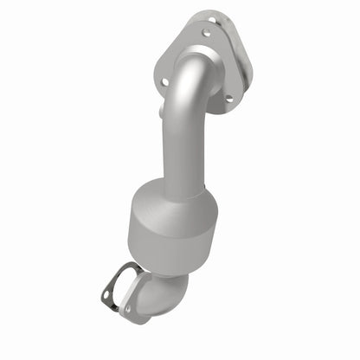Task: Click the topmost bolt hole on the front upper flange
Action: [x=205, y=34]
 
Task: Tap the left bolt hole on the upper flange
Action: [x=164, y=81]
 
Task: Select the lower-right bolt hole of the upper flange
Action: [x=228, y=99]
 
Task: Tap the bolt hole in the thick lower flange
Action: [x=127, y=309]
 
